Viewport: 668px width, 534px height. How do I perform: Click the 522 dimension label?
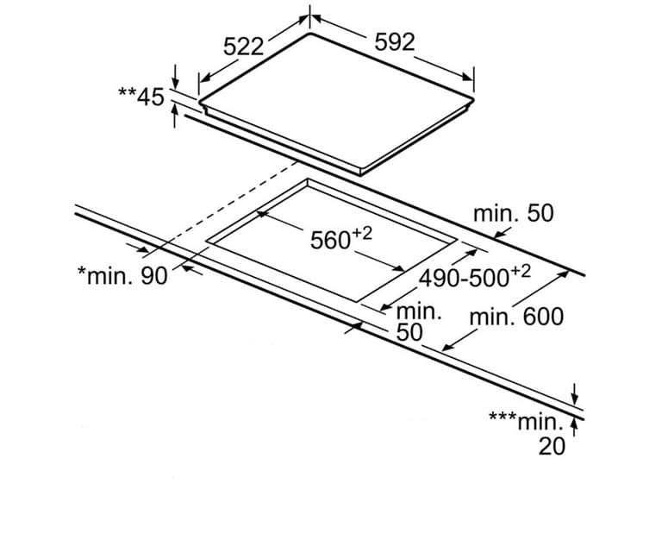(x=243, y=47)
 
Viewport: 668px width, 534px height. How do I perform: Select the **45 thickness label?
(x=140, y=96)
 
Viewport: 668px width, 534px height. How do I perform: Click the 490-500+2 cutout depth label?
(x=474, y=278)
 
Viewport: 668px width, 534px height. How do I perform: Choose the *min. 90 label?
(x=122, y=275)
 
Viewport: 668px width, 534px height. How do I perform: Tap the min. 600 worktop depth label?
(x=516, y=317)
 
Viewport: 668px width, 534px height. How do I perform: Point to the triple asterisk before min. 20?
(x=502, y=418)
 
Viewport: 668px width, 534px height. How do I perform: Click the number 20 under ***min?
(x=552, y=445)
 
